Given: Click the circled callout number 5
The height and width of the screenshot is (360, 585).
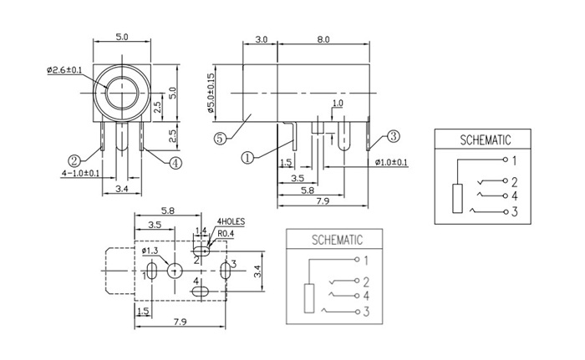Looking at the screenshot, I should click(219, 139).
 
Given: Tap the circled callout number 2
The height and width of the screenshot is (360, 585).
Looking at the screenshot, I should click(74, 160).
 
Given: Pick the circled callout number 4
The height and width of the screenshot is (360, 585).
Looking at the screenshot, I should click(175, 164).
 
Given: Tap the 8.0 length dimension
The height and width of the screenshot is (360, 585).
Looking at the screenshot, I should click(323, 38).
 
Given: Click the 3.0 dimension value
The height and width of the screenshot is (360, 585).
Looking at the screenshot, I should click(262, 38).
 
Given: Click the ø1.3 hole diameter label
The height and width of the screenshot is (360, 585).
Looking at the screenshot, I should click(151, 251).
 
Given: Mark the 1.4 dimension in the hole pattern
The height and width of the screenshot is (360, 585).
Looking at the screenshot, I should click(201, 230).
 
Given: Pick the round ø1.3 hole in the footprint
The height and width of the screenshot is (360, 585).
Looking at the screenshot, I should click(175, 271).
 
